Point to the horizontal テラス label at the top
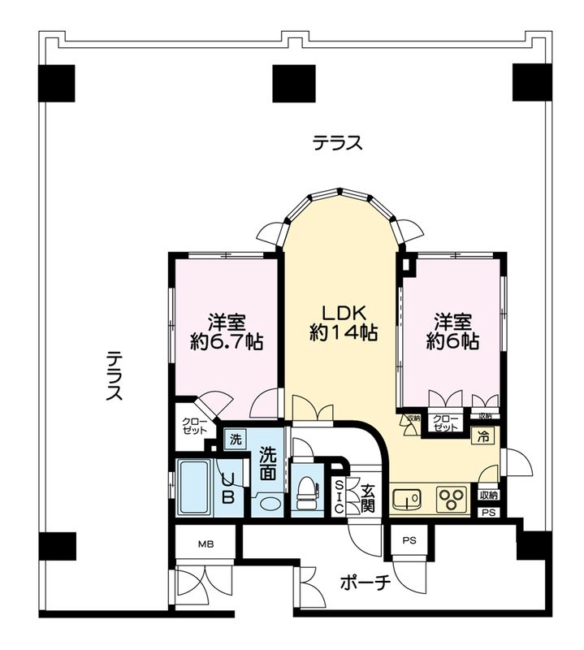tap(337, 144)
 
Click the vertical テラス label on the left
tap(115, 376)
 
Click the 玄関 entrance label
tap(368, 496)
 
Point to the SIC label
tap(340, 496)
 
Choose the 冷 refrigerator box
tap(482, 436)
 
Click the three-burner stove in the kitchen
tap(451, 497)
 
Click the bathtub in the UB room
tap(193, 487)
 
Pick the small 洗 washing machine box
tap(235, 440)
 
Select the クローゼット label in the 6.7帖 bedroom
tap(194, 426)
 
